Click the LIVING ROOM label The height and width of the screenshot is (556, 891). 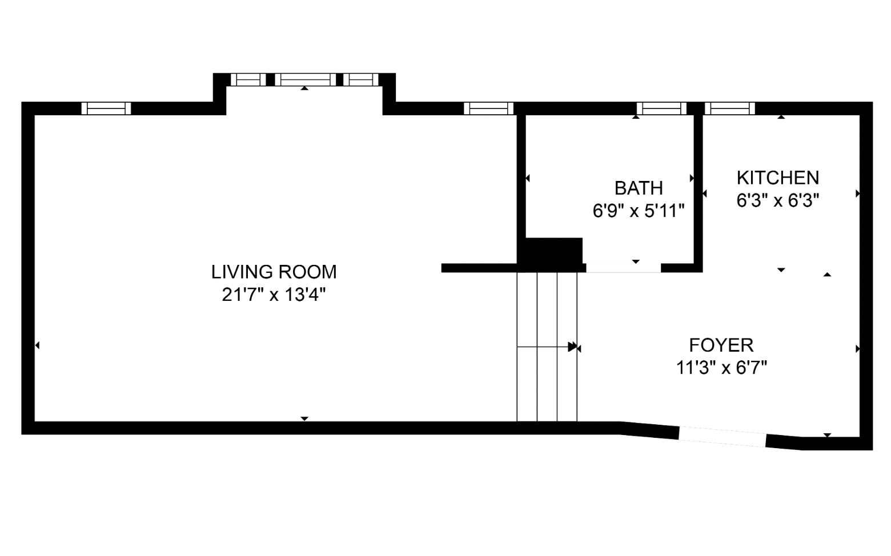(274, 272)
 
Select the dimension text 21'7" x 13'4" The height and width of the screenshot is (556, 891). (274, 295)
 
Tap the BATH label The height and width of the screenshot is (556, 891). (638, 188)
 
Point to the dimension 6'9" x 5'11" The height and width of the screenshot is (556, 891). (638, 211)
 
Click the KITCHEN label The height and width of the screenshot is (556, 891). (777, 178)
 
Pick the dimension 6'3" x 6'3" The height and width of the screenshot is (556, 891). (777, 201)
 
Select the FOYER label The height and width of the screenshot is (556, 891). (721, 345)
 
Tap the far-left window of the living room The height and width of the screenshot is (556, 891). (106, 108)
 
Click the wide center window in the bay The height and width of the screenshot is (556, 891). (305, 79)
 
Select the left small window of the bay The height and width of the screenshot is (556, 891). (248, 79)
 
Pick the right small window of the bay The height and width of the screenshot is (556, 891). (360, 79)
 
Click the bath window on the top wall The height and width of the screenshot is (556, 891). (661, 108)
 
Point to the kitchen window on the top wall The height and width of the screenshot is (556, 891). (729, 108)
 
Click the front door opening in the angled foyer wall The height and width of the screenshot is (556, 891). (722, 437)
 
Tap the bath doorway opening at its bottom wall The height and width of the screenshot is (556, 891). (623, 268)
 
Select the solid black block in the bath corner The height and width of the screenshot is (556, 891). (553, 251)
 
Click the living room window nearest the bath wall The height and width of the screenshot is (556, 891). (488, 108)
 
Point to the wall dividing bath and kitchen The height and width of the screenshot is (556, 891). (698, 188)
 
